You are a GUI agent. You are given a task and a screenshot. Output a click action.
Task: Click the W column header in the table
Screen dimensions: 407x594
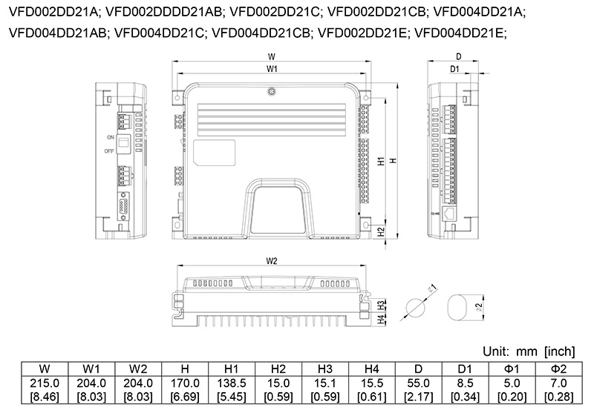point(45,368)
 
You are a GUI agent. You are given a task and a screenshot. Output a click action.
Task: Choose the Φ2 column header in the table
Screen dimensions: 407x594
point(559,368)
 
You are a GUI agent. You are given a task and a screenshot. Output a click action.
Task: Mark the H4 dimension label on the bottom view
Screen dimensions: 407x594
point(380,320)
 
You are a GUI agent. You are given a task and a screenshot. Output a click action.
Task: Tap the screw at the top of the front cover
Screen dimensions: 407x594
point(272,93)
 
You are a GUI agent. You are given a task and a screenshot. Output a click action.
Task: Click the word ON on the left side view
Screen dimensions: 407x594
point(110,138)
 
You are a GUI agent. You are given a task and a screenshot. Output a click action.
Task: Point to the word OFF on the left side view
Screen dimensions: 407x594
point(110,151)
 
